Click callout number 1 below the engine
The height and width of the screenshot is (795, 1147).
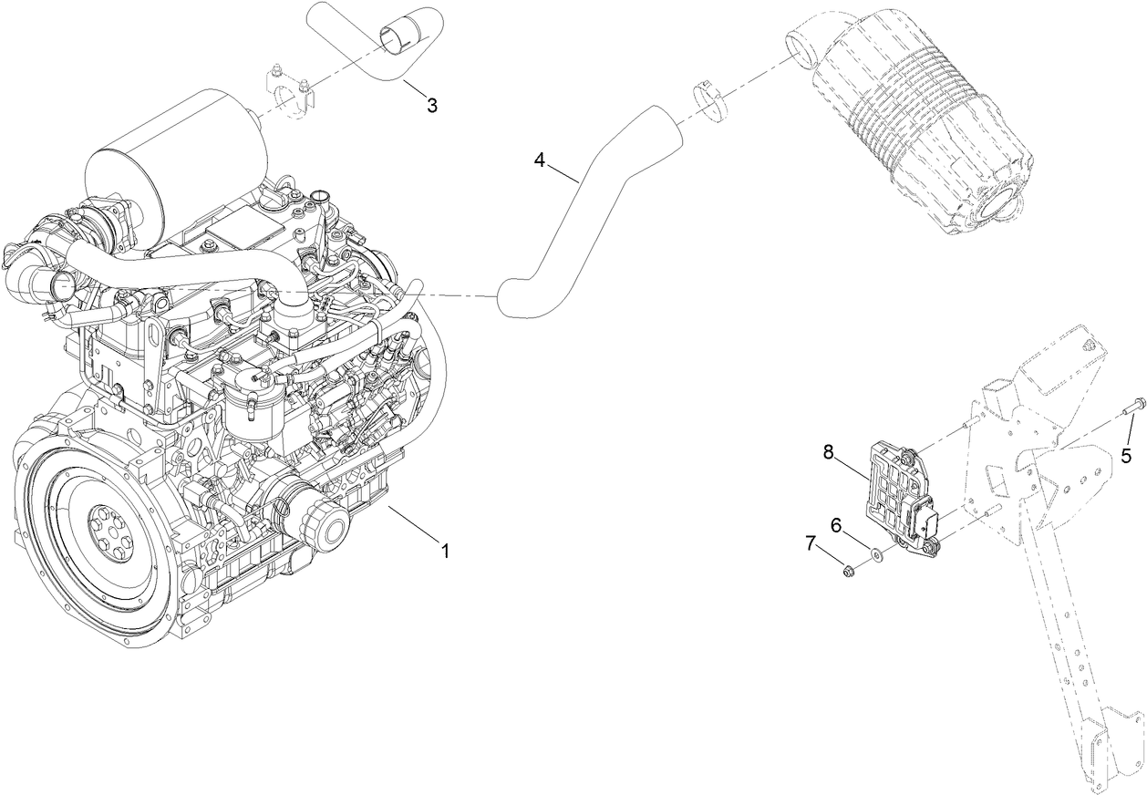coord(445,552)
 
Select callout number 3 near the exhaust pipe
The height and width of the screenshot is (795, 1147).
coord(432,106)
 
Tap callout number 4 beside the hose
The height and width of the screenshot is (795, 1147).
coord(540,160)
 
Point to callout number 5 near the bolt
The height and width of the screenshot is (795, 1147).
coord(1127,454)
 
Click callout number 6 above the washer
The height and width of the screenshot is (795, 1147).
coord(835,525)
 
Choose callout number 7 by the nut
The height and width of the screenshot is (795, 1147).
coord(810,544)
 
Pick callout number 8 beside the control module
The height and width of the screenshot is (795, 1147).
coord(829,452)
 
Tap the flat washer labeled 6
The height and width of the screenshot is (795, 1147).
coord(875,554)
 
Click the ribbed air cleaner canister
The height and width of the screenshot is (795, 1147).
coord(921,119)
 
